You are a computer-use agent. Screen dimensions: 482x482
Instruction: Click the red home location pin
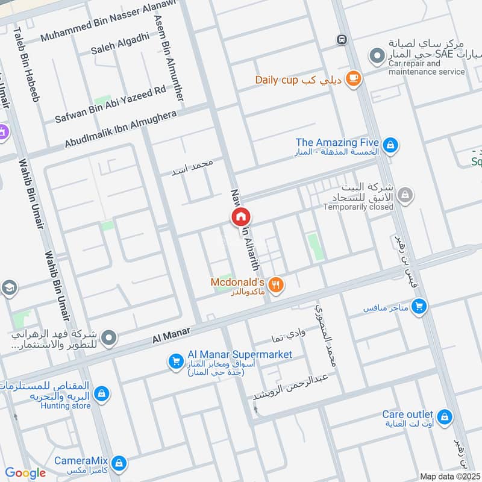tap(240, 216)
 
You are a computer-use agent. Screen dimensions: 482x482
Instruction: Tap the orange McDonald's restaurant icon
tap(277, 284)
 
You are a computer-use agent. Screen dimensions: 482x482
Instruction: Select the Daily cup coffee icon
tap(354, 78)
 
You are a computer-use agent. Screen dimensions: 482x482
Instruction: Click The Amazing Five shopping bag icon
tap(390, 145)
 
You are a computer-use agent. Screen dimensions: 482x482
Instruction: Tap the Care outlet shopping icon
tap(445, 416)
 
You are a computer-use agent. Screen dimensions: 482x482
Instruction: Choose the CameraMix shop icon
tap(119, 463)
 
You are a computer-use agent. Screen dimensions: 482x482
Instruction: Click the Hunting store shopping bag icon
tap(102, 393)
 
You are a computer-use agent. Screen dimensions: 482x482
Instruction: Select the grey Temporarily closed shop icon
tap(405, 194)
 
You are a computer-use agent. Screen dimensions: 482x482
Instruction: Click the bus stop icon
tap(342, 40)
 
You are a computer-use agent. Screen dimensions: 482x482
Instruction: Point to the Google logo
tap(25, 473)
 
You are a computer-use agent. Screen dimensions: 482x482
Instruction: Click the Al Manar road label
tap(172, 332)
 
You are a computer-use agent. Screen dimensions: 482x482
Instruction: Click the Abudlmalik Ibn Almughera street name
tap(120, 129)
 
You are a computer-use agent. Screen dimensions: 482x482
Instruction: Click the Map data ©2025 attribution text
tap(449, 476)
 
